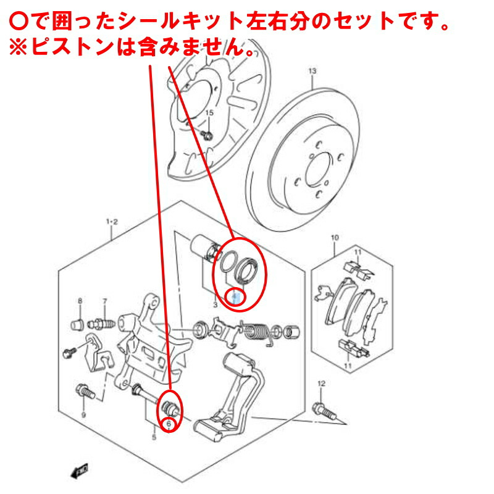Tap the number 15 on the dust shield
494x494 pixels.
[209, 112]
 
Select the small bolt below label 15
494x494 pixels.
[209, 134]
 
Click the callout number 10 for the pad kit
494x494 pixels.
[335, 238]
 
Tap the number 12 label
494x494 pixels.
[320, 384]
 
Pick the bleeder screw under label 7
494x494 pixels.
[103, 323]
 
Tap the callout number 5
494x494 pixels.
[154, 438]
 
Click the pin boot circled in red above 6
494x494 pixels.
[169, 408]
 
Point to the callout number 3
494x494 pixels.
[214, 305]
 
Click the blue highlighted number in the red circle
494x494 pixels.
[235, 298]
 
